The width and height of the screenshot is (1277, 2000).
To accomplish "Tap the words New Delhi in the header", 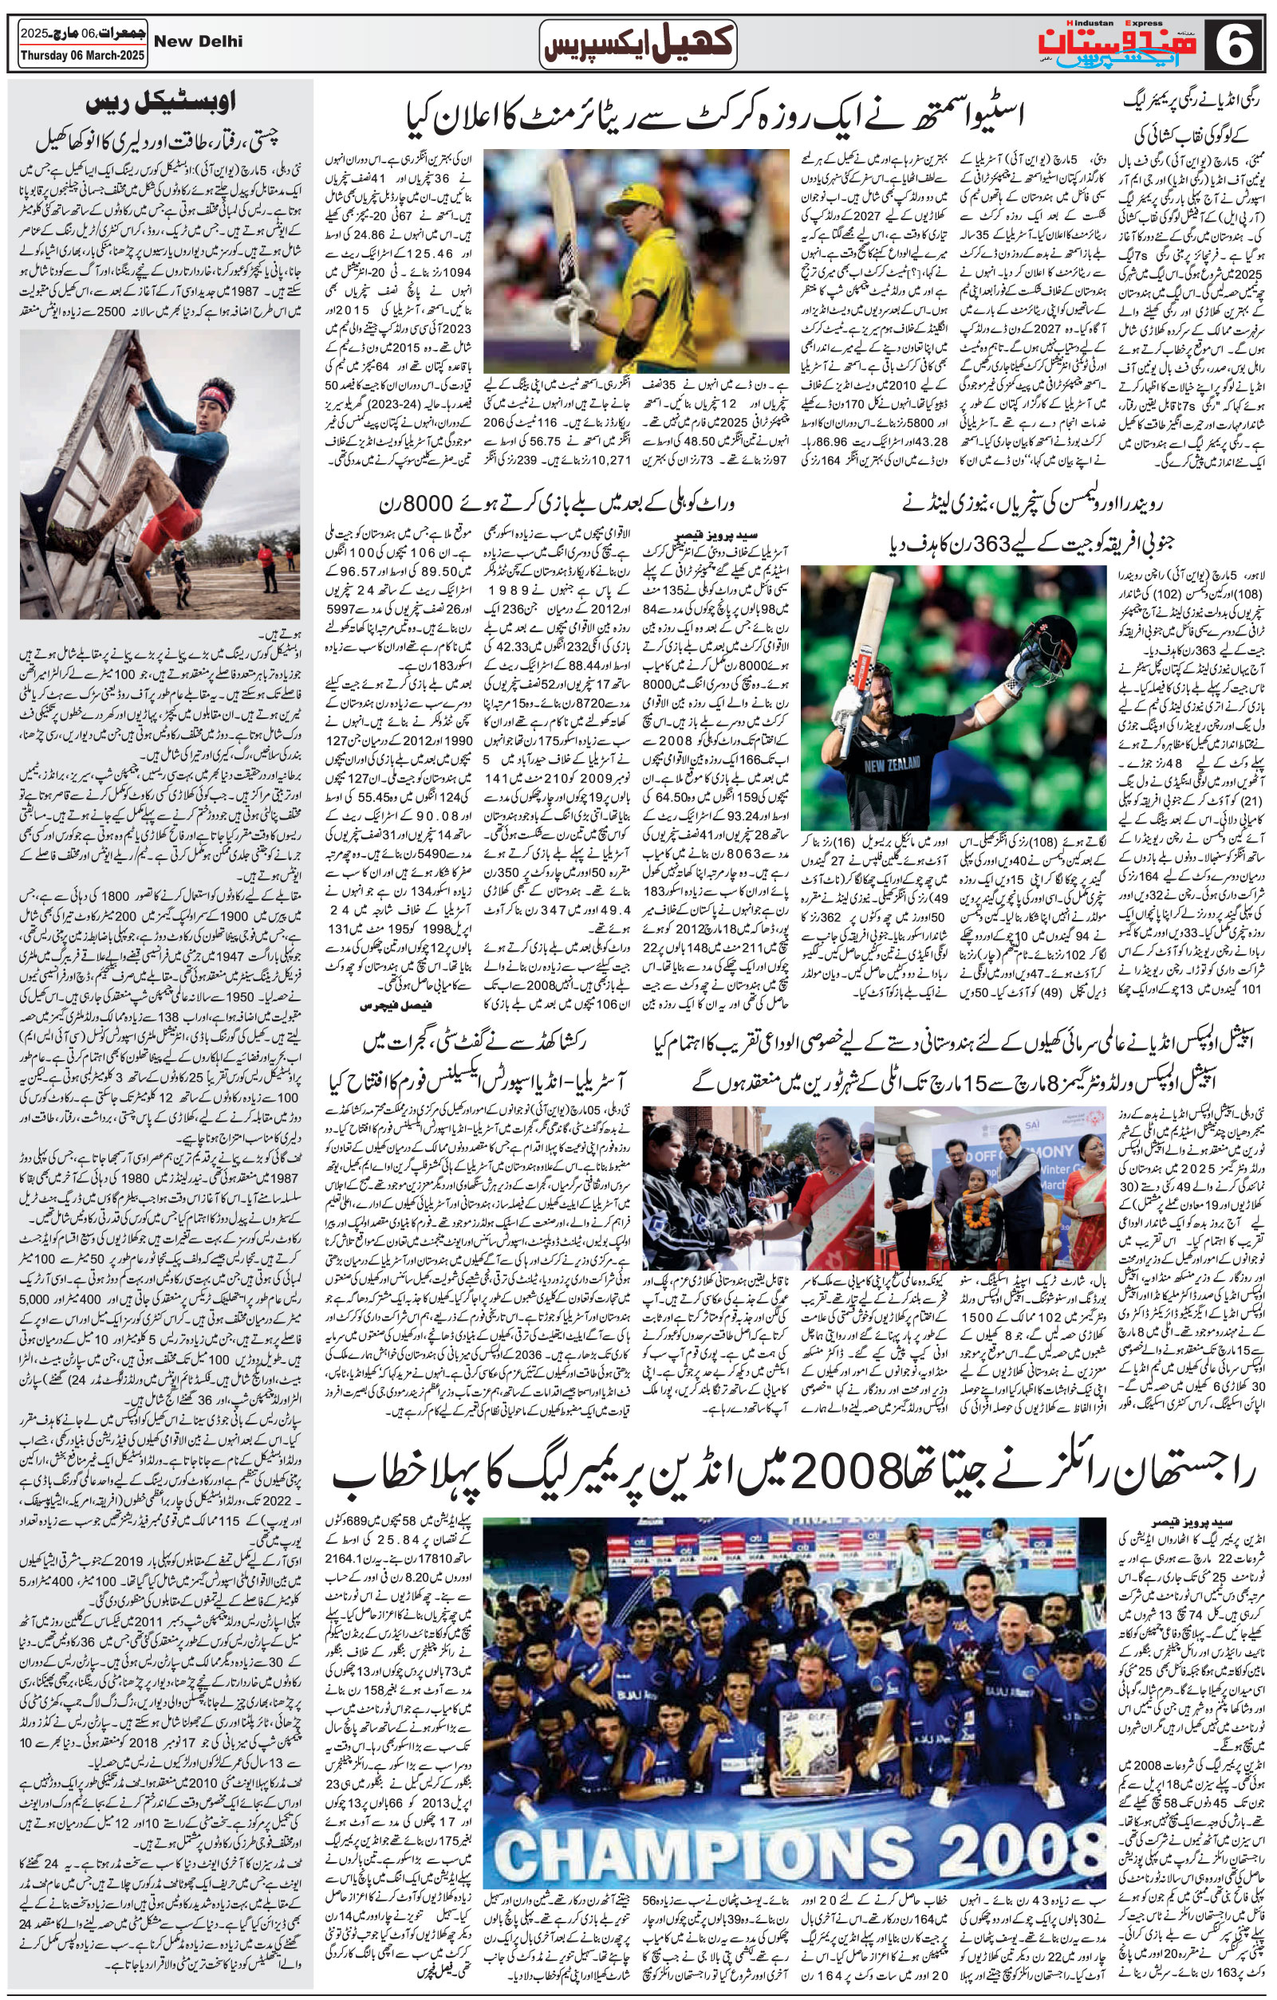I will pyautogui.click(x=199, y=41).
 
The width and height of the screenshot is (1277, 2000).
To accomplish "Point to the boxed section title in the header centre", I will pyautogui.click(x=638, y=45).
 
